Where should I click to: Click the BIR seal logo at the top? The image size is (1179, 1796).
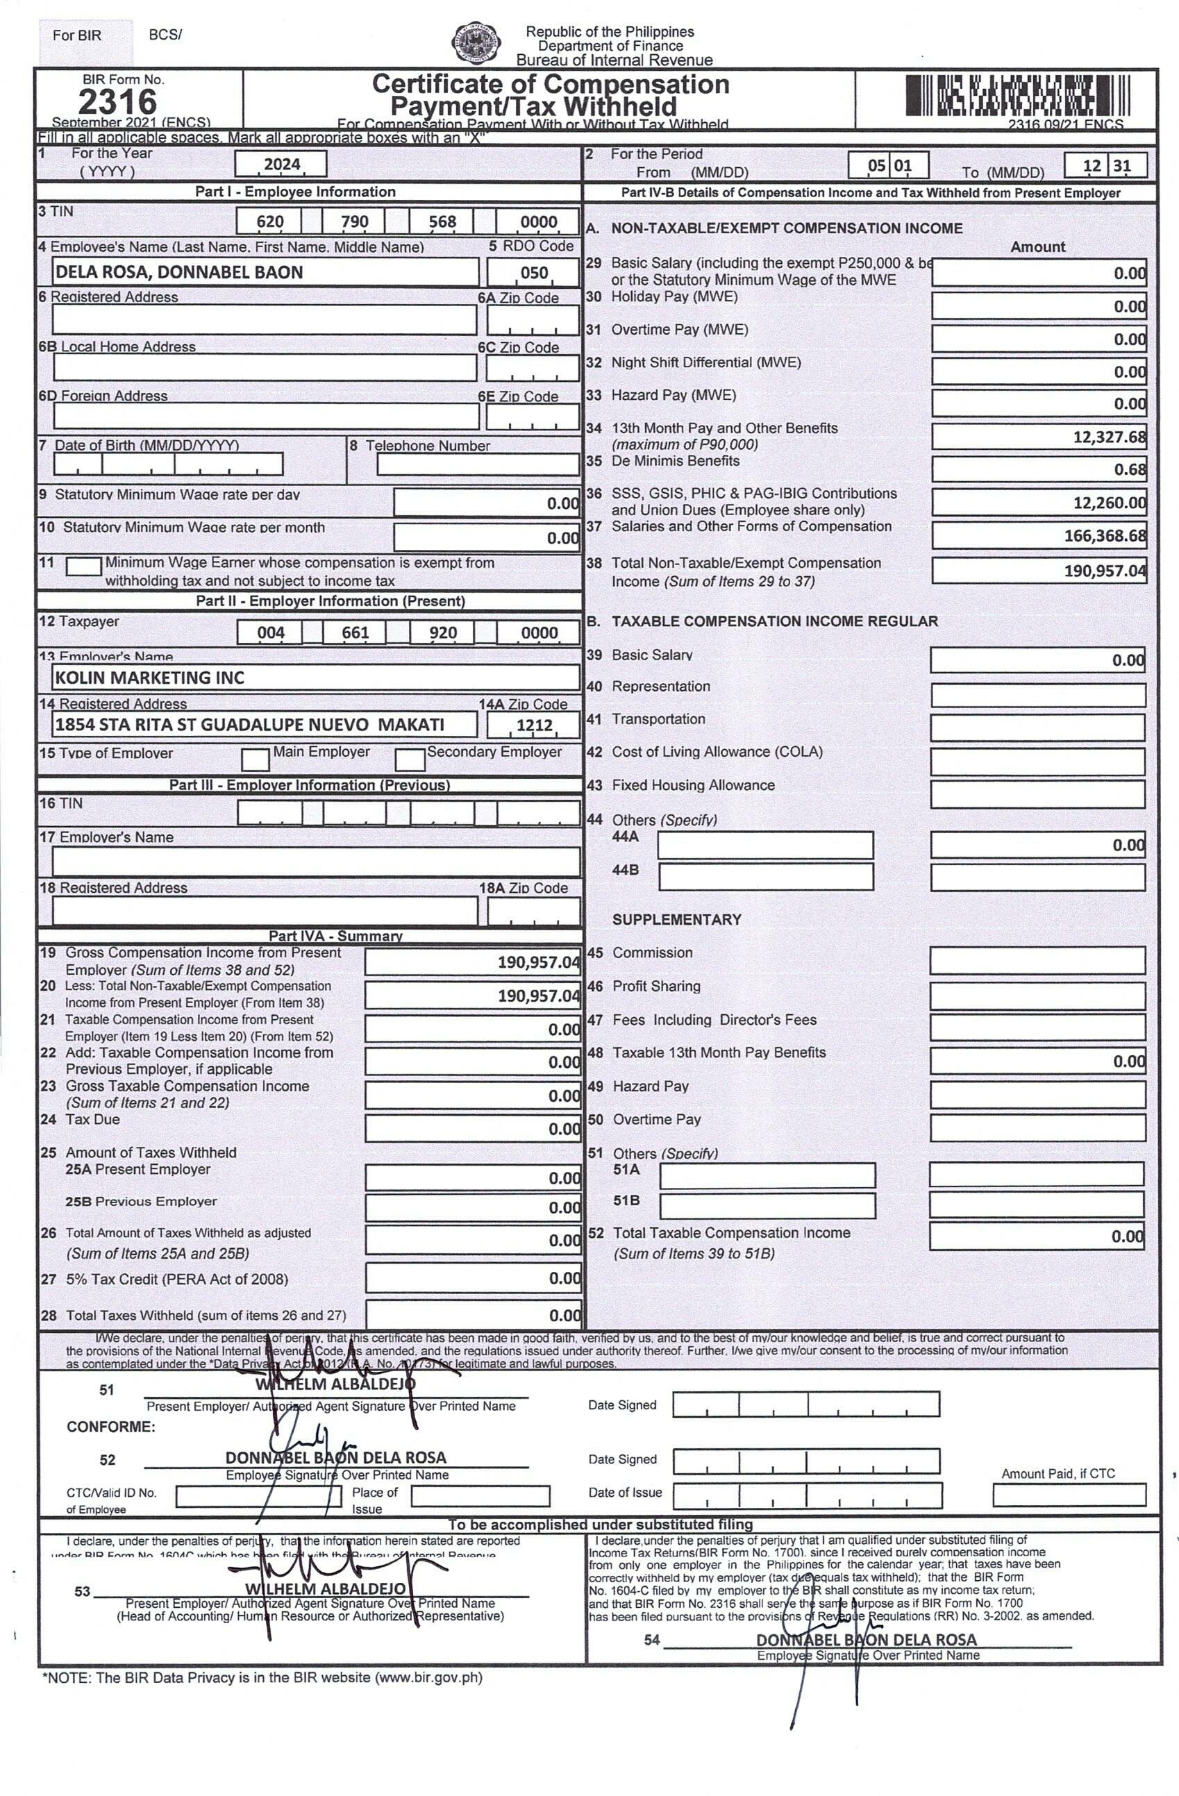476,43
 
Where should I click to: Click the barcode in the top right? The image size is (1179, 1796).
1017,96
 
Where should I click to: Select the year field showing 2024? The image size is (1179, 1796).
281,164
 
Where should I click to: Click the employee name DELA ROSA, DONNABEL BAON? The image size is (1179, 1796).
179,272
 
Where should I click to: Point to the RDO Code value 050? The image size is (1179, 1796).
534,272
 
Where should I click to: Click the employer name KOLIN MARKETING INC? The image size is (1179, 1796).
149,678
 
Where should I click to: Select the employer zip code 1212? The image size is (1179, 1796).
534,725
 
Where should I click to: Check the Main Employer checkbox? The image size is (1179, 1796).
255,758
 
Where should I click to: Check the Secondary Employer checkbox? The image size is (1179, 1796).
410,758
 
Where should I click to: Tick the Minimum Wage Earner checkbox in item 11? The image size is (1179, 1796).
83,566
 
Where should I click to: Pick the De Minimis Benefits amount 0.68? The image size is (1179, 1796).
1129,469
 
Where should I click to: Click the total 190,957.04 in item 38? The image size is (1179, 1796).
1103,571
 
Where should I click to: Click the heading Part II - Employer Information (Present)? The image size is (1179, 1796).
330,601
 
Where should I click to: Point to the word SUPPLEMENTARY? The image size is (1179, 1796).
676,919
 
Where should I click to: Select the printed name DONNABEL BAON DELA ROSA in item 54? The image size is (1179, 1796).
866,1639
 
